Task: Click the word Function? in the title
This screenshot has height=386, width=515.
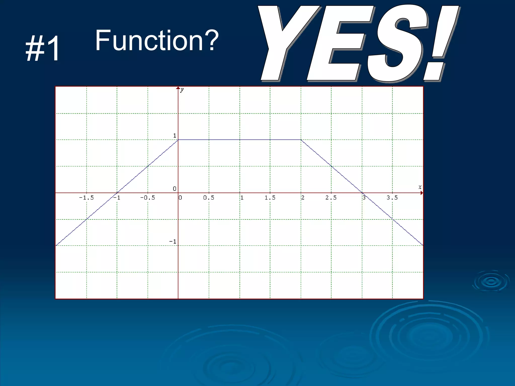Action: tap(156, 40)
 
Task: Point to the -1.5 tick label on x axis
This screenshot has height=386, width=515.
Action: tap(86, 198)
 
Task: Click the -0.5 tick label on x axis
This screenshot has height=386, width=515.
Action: tap(148, 198)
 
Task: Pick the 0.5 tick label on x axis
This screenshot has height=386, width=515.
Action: tap(209, 198)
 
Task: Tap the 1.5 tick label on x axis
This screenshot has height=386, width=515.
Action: tap(270, 198)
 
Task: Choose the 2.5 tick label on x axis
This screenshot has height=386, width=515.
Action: tap(331, 198)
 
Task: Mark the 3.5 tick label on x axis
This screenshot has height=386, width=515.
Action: tap(392, 198)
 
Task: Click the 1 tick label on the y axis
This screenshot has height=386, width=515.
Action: tap(175, 136)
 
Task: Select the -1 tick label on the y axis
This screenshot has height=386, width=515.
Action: tap(173, 242)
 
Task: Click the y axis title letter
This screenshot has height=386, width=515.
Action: tap(182, 90)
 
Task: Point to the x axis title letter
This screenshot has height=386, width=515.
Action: tap(420, 187)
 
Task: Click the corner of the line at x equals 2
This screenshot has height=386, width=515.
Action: tap(301, 140)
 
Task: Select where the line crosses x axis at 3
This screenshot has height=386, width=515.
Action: tap(362, 193)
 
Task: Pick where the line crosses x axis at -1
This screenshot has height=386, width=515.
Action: tap(117, 193)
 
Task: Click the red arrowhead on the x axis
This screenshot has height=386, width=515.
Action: tap(422, 193)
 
